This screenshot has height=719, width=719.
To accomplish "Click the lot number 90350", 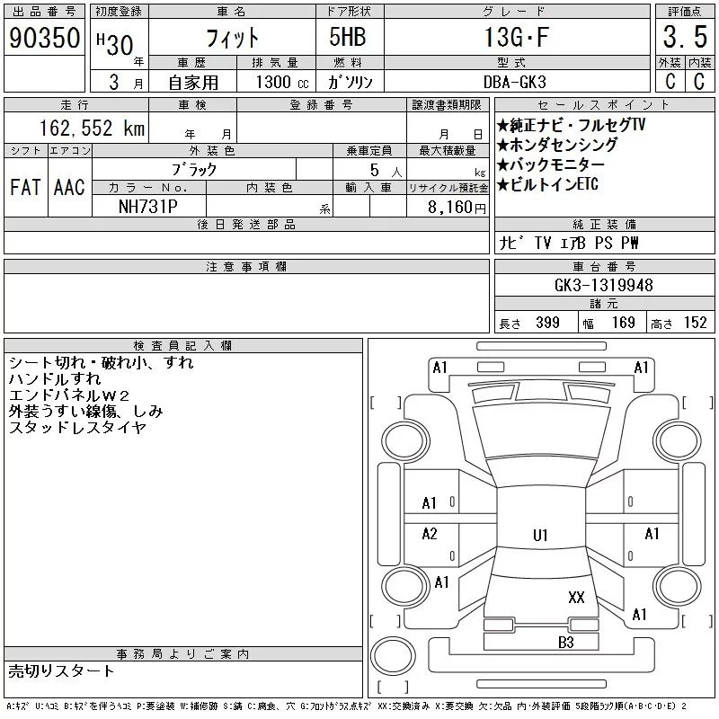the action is (x=45, y=38).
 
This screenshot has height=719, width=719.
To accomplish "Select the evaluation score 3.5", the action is (x=683, y=38).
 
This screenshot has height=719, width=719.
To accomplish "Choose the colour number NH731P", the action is (x=149, y=206).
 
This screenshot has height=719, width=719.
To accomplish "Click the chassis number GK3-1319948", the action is (x=604, y=285).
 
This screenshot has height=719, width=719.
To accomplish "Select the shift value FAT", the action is (x=26, y=187).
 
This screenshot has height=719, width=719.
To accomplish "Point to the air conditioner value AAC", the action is (x=69, y=187).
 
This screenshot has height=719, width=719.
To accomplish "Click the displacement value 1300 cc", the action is (x=276, y=82).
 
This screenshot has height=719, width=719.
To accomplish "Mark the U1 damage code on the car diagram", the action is (x=540, y=535).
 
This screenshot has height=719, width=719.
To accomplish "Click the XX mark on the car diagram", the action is (x=576, y=597).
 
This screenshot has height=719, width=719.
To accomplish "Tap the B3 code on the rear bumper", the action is (x=565, y=642).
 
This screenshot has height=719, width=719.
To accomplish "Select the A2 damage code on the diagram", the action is (x=430, y=534).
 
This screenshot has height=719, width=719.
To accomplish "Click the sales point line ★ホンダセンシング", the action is (x=557, y=145).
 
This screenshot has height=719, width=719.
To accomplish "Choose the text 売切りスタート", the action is (x=62, y=670).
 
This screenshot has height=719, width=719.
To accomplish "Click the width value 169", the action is (x=624, y=323).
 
